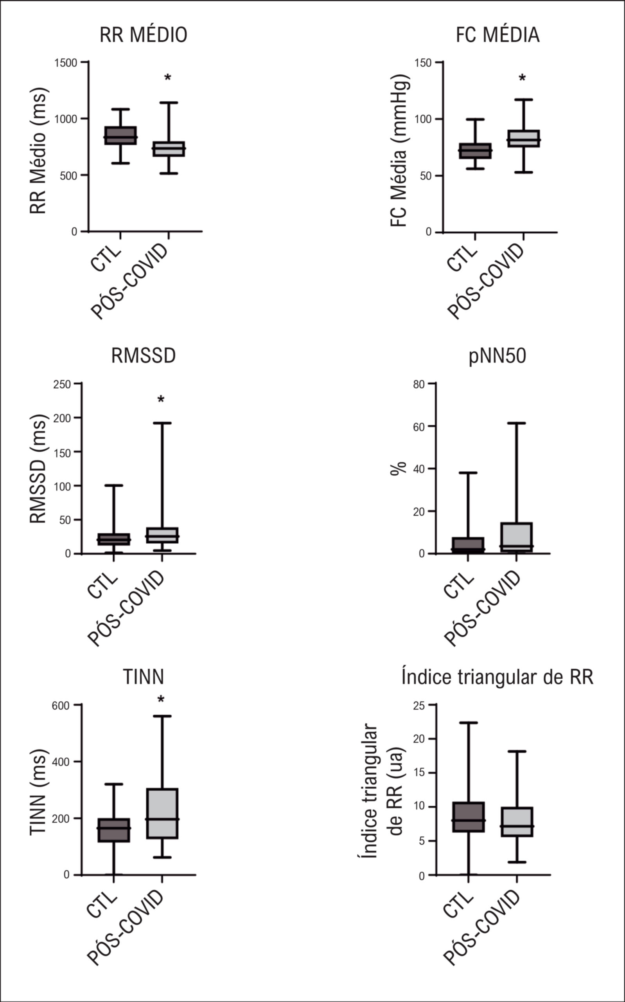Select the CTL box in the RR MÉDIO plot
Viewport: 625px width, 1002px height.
[120, 135]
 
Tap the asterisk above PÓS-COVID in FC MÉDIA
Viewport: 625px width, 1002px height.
[523, 78]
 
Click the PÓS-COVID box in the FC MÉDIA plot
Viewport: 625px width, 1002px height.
[523, 139]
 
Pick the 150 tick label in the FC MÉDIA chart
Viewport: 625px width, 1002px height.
[423, 63]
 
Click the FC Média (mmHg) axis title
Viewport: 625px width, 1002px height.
[399, 151]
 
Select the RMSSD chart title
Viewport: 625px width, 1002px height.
[144, 356]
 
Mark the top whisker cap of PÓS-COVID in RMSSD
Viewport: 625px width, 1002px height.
[162, 423]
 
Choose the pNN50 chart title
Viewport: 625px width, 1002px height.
[497, 356]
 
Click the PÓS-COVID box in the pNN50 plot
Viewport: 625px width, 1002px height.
[516, 537]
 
